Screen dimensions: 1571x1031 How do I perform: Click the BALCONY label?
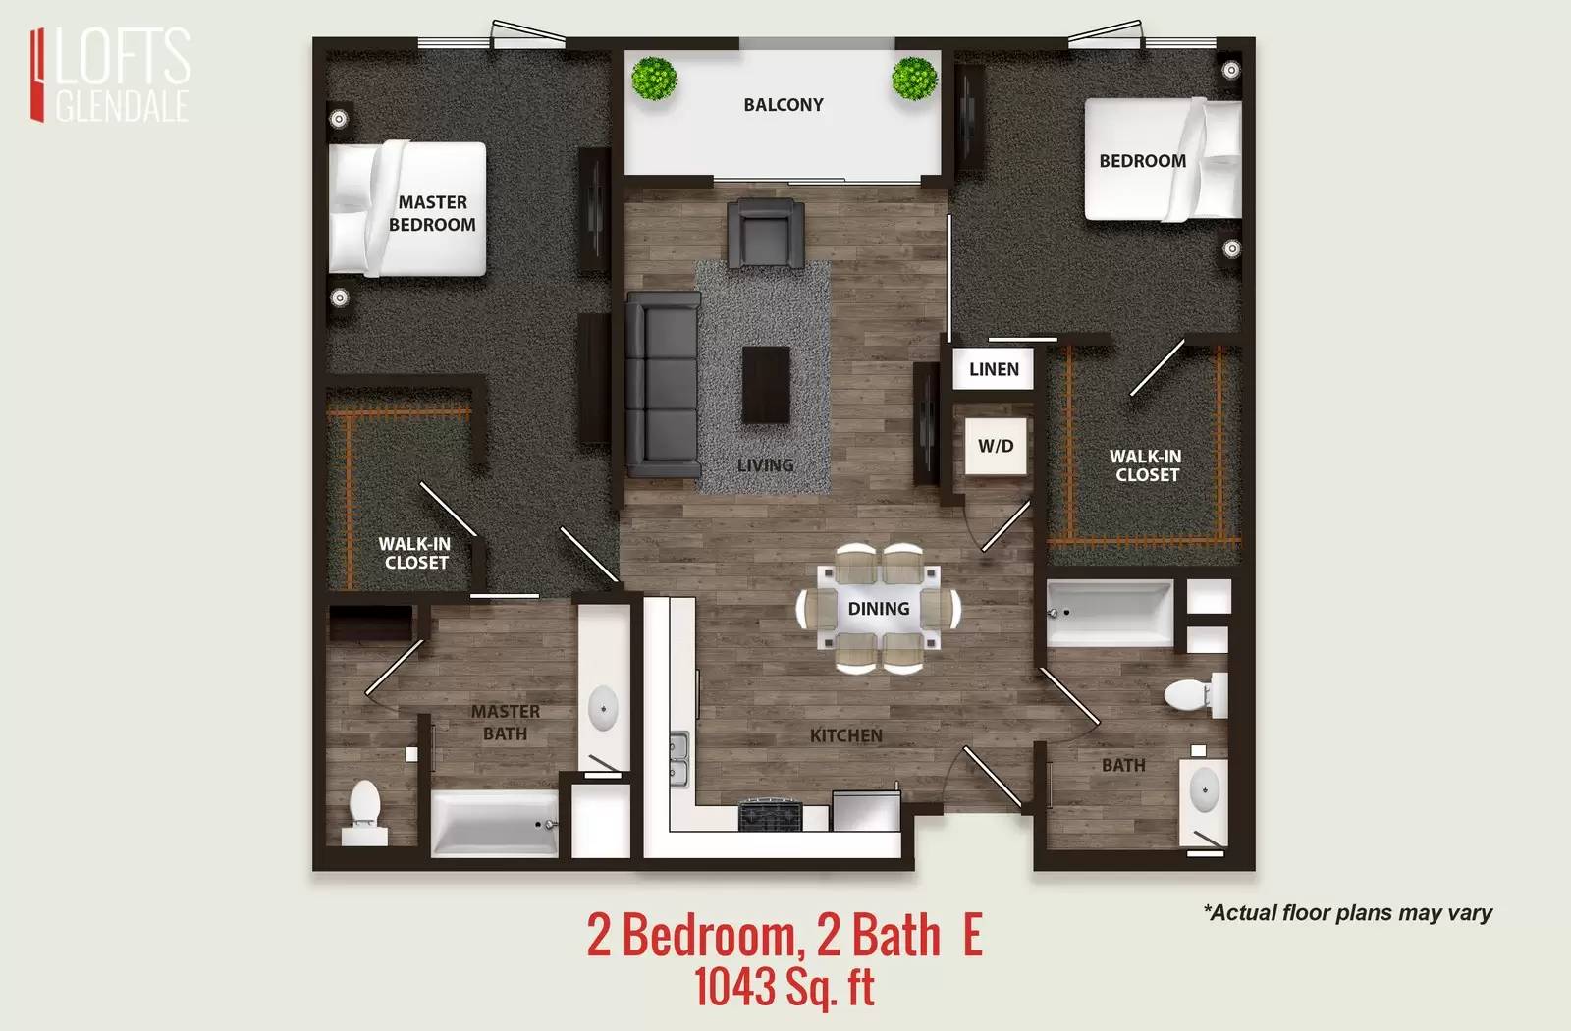pyautogui.click(x=784, y=105)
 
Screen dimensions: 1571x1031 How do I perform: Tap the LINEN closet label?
pyautogui.click(x=994, y=369)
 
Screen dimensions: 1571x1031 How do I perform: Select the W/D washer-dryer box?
pyautogui.click(x=996, y=446)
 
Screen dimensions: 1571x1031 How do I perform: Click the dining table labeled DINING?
pyautogui.click(x=878, y=608)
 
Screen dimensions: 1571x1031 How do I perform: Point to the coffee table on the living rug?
pyautogui.click(x=766, y=384)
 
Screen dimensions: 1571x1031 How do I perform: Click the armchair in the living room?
pyautogui.click(x=765, y=234)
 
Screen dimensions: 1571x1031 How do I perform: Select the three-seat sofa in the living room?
pyautogui.click(x=663, y=384)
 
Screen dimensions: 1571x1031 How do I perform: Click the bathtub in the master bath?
pyautogui.click(x=495, y=824)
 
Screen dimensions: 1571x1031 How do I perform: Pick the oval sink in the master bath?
pyautogui.click(x=603, y=708)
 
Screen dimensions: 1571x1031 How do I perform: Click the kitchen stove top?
pyautogui.click(x=770, y=814)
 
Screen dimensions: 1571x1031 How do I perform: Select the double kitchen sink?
pyautogui.click(x=678, y=759)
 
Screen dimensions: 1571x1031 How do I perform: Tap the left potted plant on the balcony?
pyautogui.click(x=654, y=78)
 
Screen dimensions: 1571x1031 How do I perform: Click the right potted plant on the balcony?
pyautogui.click(x=914, y=78)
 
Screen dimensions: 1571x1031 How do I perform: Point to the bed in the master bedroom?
pyautogui.click(x=407, y=208)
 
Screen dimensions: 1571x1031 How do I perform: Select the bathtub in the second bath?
pyautogui.click(x=1110, y=613)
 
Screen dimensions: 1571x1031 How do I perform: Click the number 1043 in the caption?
pyautogui.click(x=734, y=986)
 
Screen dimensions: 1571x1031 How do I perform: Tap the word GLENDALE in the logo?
pyautogui.click(x=122, y=106)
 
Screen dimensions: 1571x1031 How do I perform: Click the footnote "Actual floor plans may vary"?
pyautogui.click(x=1347, y=913)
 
